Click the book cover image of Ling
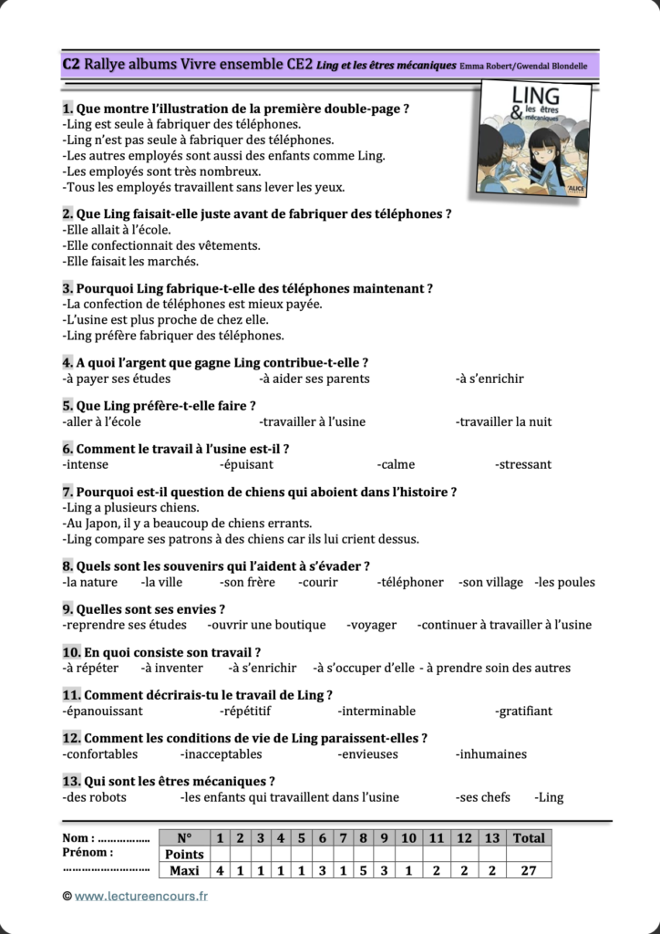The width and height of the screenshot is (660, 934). coord(534,137)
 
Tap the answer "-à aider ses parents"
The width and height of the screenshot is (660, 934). coord(315,379)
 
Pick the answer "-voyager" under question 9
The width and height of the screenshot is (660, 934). coord(372,625)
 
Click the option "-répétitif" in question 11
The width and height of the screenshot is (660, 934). coord(246,711)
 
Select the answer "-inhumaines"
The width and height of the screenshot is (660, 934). coord(491,754)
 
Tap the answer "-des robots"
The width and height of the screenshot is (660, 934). coord(95,797)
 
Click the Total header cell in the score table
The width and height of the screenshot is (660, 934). coord(529,838)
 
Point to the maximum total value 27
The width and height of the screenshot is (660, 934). coord(529,870)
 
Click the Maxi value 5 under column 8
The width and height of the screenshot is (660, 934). coord(363,870)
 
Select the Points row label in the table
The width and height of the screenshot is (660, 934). coord(184,855)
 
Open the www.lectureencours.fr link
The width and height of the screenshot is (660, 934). coord(141,897)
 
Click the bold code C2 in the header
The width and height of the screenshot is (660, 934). coord(71,64)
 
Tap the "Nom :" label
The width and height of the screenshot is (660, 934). coord(78,838)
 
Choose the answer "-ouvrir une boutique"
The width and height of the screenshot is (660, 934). coord(266,625)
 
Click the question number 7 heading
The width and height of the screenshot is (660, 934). coord(67,492)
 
